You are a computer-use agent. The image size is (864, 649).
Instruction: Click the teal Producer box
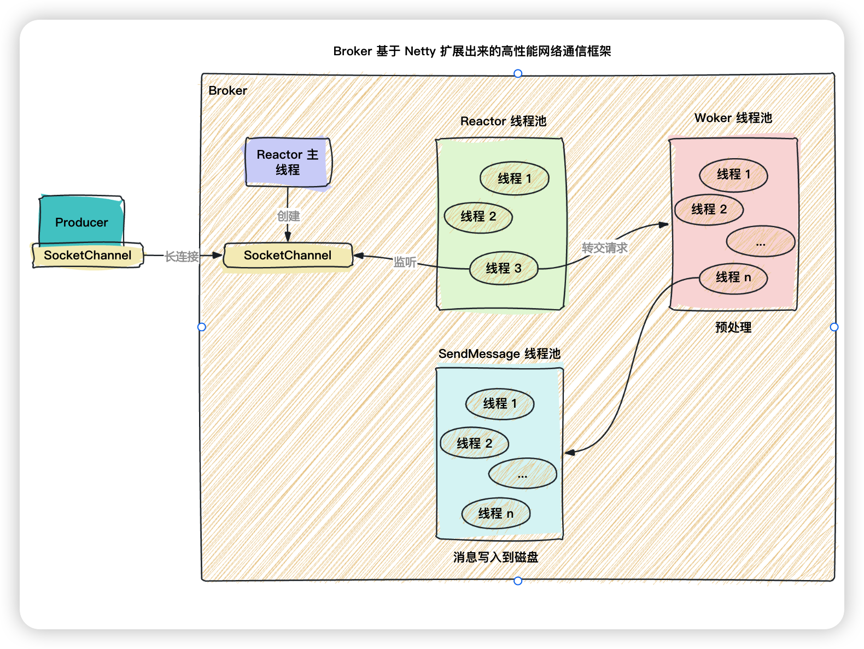[81, 220]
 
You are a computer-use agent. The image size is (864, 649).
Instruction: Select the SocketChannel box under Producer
[87, 256]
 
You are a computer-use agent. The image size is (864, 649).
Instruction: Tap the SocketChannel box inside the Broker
[288, 256]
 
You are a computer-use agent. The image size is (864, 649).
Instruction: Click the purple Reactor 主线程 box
[288, 162]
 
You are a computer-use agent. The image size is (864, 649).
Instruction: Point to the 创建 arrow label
[288, 216]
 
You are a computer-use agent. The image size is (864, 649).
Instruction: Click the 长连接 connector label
[182, 257]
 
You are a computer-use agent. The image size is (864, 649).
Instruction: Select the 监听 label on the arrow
[405, 262]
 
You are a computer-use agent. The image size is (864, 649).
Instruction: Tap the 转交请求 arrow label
[604, 248]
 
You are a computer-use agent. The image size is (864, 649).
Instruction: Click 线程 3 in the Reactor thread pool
[504, 268]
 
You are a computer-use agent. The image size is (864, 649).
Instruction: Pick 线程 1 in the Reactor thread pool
[514, 178]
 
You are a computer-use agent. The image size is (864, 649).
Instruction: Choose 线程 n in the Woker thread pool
[733, 278]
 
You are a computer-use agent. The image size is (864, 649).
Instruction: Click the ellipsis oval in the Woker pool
[760, 241]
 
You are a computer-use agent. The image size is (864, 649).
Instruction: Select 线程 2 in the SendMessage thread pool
[474, 443]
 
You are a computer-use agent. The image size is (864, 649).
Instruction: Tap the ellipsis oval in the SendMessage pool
[522, 474]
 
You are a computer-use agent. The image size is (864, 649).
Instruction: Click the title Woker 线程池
[733, 118]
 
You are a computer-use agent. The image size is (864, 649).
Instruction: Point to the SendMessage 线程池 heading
[499, 354]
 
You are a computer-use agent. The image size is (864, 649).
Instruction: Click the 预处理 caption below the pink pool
[733, 327]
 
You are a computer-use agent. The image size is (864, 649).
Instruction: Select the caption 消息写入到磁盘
[495, 557]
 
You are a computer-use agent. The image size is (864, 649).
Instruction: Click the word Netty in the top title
[420, 51]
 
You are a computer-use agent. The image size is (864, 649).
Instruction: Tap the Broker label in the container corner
[227, 91]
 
